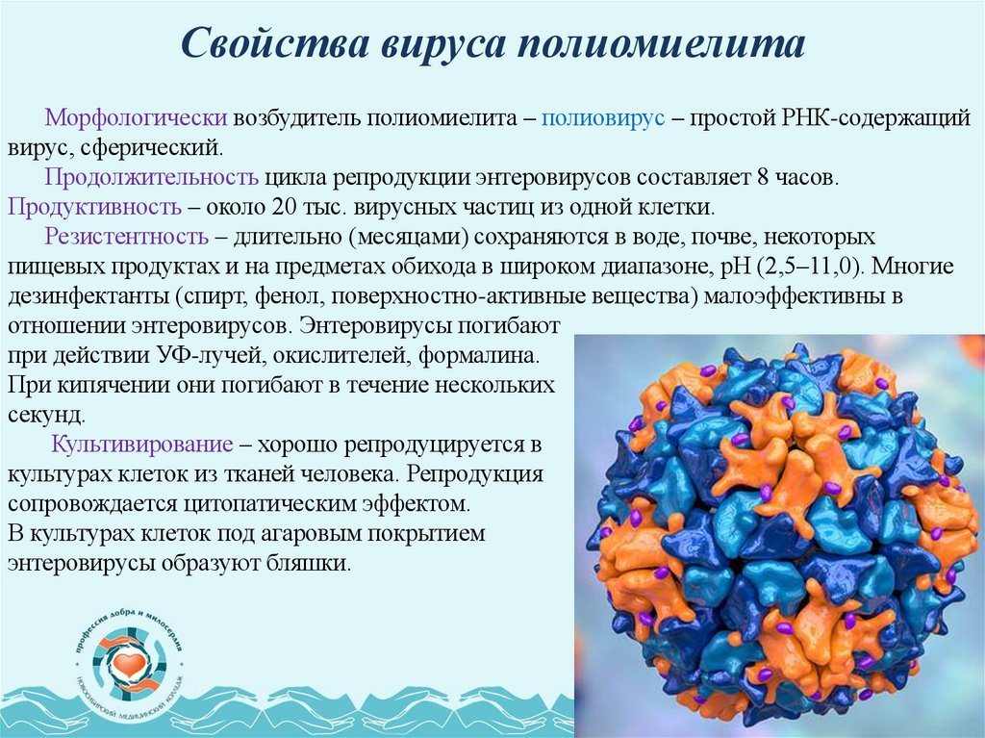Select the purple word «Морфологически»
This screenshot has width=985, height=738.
pyautogui.click(x=136, y=118)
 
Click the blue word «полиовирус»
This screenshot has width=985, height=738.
pyautogui.click(x=604, y=118)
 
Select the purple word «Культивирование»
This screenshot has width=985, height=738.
pyautogui.click(x=142, y=445)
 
